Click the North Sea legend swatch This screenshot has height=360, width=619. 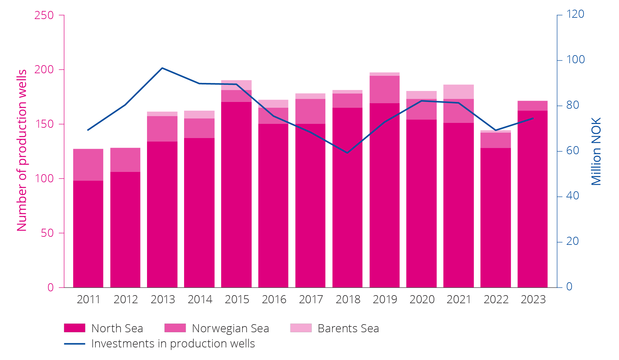tap(74, 328)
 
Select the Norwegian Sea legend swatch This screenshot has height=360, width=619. tap(175, 328)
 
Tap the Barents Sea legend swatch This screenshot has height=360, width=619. tap(301, 328)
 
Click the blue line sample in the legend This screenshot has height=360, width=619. tap(74, 344)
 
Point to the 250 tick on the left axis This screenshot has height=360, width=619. tap(44, 15)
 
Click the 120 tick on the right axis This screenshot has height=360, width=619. tap(575, 14)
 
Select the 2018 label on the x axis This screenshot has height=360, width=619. tap(348, 299)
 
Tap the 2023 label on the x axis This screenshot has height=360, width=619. tap(533, 299)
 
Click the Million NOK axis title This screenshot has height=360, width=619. tap(596, 152)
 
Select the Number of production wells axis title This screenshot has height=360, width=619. tap(22, 150)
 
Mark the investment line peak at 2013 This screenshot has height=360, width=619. tap(162, 68)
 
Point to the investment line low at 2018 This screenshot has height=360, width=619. tap(348, 153)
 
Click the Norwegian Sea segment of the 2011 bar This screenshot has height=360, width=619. tap(88, 165)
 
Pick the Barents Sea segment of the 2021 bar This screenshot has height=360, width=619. tap(458, 92)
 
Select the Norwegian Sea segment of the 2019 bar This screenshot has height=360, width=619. tap(384, 89)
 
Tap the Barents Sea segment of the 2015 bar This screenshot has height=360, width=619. tap(236, 85)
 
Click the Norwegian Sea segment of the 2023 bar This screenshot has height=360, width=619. tap(532, 106)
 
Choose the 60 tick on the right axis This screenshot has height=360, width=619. tap(573, 151)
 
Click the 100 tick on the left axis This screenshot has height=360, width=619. tap(44, 178)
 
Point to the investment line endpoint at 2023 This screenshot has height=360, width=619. tap(533, 118)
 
